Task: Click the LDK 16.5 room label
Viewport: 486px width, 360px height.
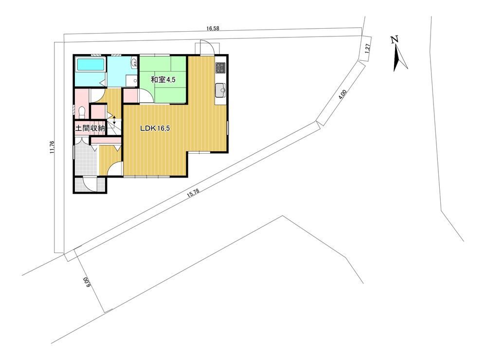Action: pos(155,128)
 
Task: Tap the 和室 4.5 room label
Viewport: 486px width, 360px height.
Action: pos(163,80)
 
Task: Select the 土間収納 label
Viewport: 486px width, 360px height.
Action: pos(90,128)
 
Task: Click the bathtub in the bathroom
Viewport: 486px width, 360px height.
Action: pos(90,65)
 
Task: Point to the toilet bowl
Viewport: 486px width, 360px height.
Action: pos(82,112)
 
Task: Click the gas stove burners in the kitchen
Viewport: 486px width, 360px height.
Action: pos(221,68)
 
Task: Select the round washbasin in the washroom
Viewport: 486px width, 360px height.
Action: pos(134,63)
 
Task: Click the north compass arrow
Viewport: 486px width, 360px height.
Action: pos(399,58)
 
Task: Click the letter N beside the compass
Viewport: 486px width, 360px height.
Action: pos(394,39)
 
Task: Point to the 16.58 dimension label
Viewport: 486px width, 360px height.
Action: pos(213,29)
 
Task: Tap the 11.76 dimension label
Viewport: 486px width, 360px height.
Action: pos(52,147)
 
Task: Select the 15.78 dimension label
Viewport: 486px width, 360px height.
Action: pos(193,194)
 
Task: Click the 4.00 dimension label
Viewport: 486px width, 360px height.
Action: pos(342,94)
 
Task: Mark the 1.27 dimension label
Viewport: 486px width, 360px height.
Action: pos(368,49)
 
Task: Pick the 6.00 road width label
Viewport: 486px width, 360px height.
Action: pos(86,283)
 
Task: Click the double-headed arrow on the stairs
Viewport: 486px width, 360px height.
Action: pos(114,120)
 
